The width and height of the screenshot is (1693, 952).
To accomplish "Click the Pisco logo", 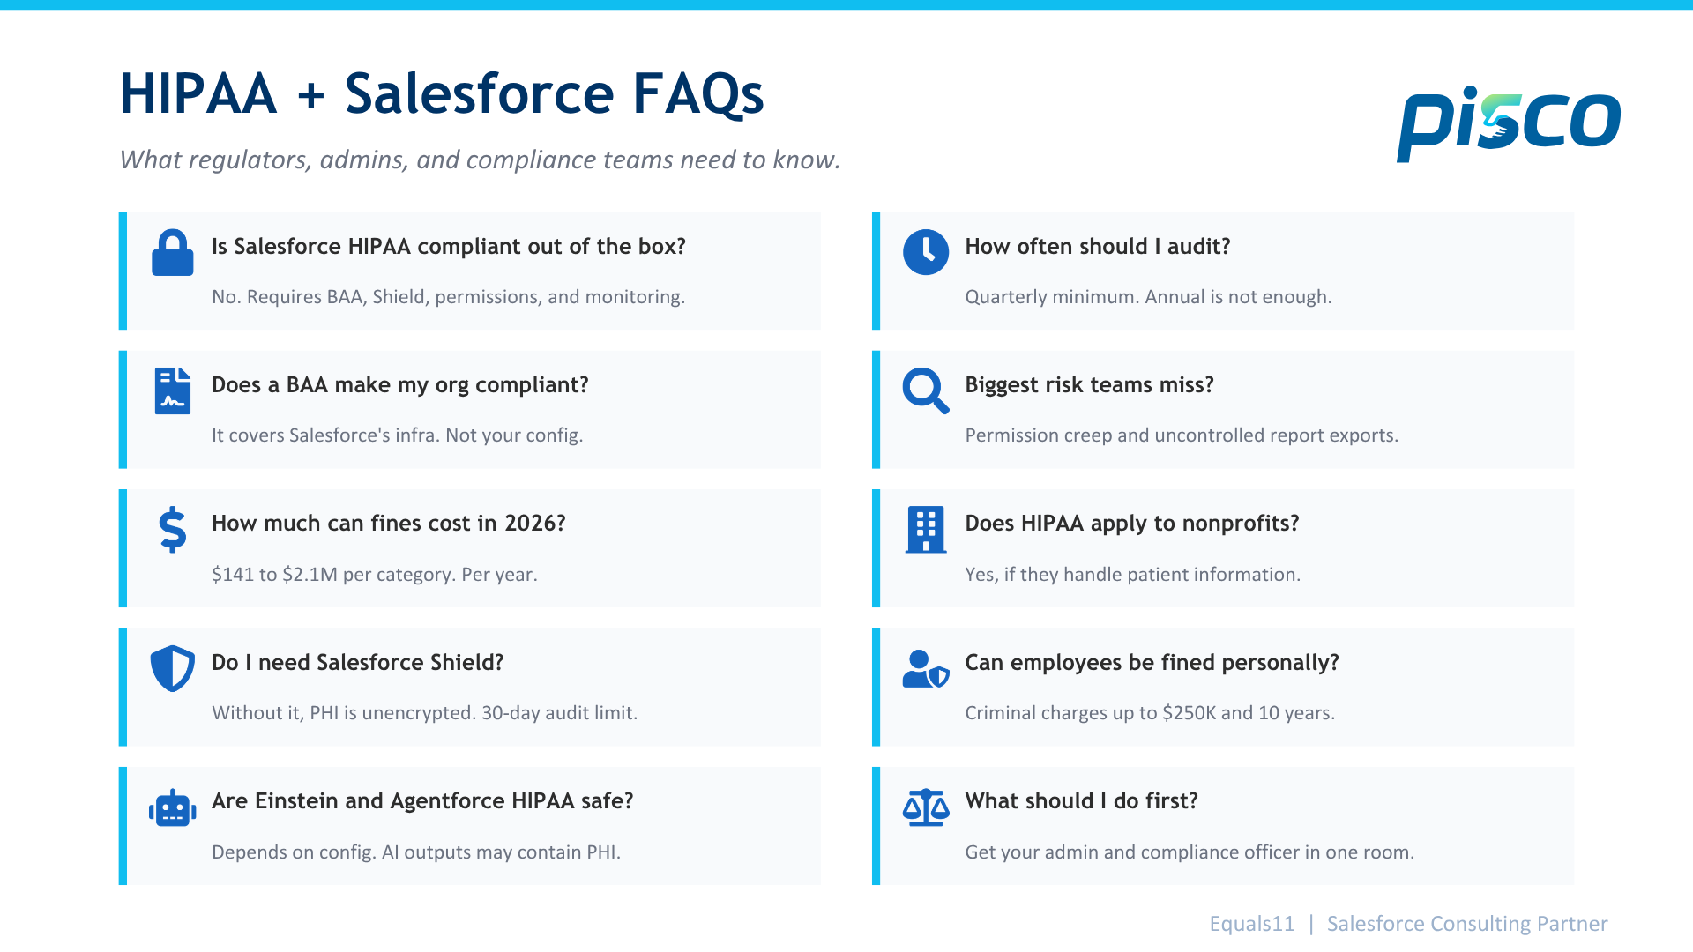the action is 1509,124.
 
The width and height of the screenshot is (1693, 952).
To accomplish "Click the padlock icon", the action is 173,253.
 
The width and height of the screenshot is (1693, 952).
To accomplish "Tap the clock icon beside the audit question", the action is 926,252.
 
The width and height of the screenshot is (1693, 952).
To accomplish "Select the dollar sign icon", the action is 173,530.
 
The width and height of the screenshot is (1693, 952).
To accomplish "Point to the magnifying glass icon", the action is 926,390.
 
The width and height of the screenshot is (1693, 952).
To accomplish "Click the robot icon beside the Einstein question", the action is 173,807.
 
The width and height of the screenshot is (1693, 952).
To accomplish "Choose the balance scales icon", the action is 926,807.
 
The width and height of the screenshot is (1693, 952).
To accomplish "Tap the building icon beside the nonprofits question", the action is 926,530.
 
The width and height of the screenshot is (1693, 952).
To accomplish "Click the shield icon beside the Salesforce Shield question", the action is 173,668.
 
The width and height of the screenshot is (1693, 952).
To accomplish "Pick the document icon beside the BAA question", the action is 173,390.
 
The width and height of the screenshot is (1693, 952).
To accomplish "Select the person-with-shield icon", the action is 926,668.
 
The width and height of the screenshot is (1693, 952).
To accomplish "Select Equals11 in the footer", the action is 1252,924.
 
